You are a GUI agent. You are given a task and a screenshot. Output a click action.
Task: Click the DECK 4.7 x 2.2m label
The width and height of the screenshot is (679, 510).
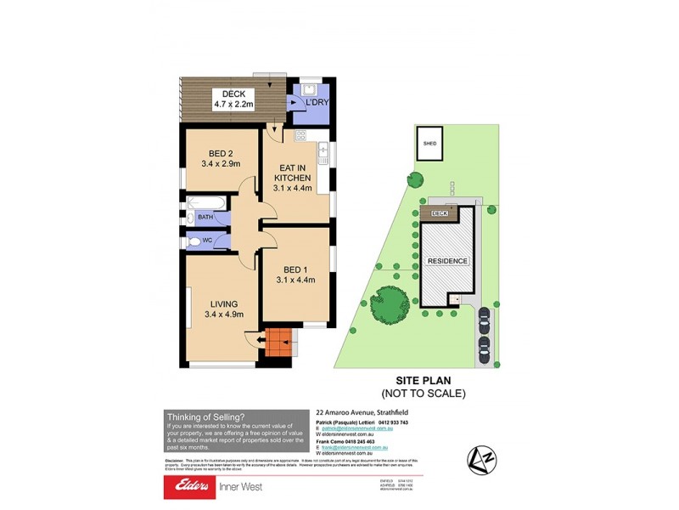227,99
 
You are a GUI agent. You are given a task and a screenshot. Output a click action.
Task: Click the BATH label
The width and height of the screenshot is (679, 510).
205,218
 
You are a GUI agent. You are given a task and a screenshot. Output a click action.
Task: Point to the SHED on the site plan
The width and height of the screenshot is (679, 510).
429,144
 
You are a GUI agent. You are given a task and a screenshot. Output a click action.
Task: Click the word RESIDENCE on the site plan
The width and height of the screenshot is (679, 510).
447,261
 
